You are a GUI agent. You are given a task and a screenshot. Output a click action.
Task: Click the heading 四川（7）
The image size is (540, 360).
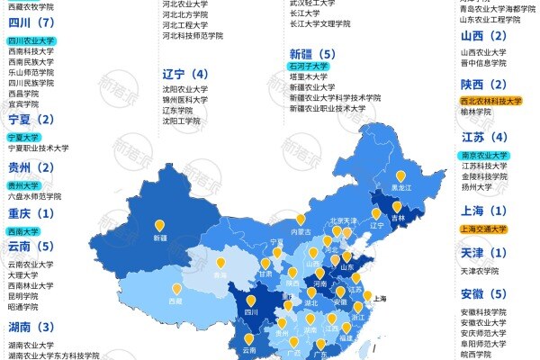click(x=31, y=22)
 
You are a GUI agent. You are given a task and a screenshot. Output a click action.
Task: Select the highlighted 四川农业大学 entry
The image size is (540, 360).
click(x=31, y=40)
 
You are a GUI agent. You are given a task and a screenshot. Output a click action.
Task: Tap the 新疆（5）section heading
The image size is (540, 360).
click(x=319, y=53)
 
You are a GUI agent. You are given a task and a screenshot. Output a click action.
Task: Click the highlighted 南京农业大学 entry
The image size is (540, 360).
click(x=482, y=155)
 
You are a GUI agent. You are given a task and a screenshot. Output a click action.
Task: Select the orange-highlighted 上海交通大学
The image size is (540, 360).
click(x=482, y=229)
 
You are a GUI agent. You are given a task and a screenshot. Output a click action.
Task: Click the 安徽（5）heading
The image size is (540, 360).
click(x=484, y=293)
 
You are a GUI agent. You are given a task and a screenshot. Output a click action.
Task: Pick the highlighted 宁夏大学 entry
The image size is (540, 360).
click(x=26, y=137)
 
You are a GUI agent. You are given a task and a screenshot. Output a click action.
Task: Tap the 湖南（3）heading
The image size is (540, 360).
click(x=31, y=327)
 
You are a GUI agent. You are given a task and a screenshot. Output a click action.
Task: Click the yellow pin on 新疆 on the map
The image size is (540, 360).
click(x=160, y=226)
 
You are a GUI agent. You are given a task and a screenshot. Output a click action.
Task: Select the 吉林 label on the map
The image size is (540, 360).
click(x=397, y=218)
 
